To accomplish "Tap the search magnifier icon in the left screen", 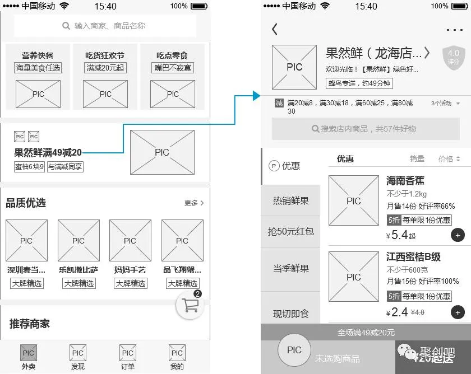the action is tap(66, 26).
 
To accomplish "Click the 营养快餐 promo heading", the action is tap(38, 55).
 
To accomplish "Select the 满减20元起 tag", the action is tap(105, 68).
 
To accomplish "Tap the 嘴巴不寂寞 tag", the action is tap(173, 68).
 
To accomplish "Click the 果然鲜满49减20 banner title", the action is tap(48, 152).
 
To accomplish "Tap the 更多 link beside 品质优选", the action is tap(194, 203).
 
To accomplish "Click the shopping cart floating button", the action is tap(191, 305).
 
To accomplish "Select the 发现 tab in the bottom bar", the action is tap(78, 357).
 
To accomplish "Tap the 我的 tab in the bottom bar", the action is tap(177, 357).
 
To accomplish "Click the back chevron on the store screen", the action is tap(275, 30).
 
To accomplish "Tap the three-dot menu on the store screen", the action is tap(455, 30).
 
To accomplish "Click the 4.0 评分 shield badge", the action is tap(453, 57).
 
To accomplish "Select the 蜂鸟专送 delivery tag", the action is tap(359, 83).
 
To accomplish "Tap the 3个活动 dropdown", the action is tap(446, 104).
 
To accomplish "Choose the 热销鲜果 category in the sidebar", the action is tap(290, 200).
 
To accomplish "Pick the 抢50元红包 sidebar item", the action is tap(290, 231).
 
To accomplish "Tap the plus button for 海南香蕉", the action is tap(458, 235).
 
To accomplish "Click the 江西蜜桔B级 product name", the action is tap(413, 257).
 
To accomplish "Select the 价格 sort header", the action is tap(449, 159).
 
